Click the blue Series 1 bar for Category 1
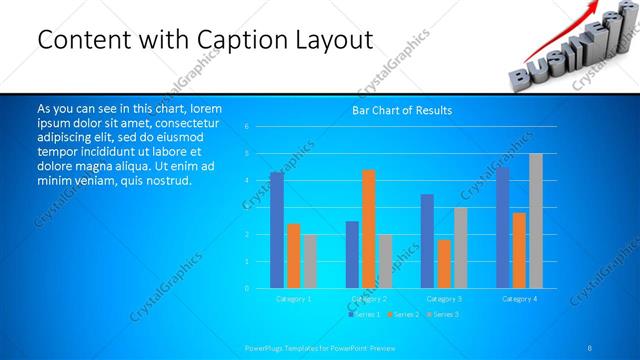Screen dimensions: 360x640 (x=276, y=230)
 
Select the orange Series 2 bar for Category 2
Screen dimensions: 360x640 (x=369, y=229)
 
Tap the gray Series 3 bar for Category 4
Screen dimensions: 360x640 (x=536, y=221)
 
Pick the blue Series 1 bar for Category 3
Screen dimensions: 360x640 (x=427, y=241)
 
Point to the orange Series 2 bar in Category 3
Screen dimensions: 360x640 (x=444, y=263)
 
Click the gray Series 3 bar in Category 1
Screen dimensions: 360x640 (x=310, y=261)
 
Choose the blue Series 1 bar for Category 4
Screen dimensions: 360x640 (x=502, y=228)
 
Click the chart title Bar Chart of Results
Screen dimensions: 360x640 (x=402, y=110)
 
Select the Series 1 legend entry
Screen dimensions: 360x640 (x=363, y=314)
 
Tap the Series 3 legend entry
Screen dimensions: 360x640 (x=441, y=314)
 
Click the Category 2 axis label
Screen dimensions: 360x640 (x=369, y=298)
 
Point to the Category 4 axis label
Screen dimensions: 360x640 (x=519, y=298)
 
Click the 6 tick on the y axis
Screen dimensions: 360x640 (x=246, y=127)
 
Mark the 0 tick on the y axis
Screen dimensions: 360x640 (x=246, y=288)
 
